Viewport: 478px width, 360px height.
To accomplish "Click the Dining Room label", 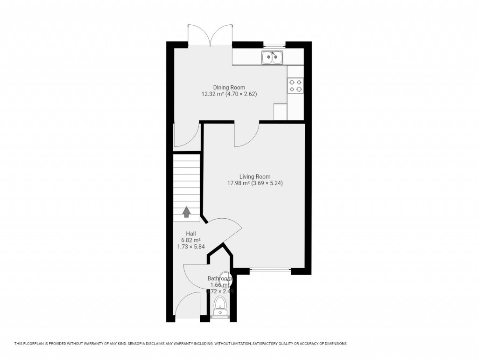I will [x=229, y=87].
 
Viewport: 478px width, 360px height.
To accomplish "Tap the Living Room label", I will [x=255, y=177].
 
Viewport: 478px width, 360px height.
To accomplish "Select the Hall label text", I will [x=190, y=234].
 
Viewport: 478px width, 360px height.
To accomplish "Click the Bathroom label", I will [x=219, y=278].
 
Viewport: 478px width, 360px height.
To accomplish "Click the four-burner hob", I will [x=295, y=85].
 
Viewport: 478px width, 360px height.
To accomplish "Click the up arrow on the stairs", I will [x=186, y=212].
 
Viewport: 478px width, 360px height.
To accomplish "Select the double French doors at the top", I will [x=211, y=35].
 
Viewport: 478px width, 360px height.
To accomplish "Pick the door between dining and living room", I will [x=246, y=134].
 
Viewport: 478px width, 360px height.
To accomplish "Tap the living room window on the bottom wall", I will [x=270, y=270].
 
